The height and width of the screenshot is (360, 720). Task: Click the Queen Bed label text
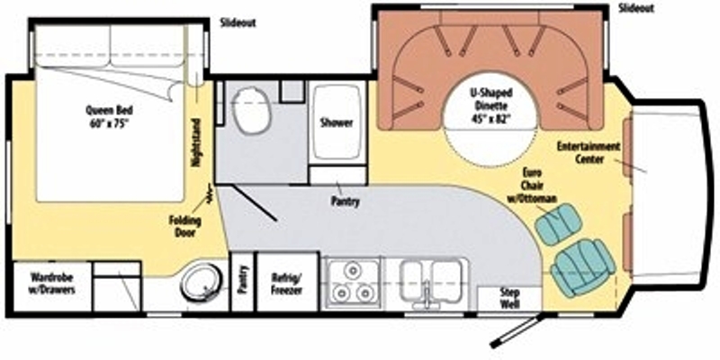(109, 116)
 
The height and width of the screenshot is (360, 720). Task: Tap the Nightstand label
(196, 143)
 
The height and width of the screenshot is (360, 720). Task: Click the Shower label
(337, 123)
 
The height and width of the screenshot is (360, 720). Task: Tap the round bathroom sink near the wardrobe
(201, 281)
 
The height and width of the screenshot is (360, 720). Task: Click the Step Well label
(509, 299)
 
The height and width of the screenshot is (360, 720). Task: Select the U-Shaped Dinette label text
(490, 105)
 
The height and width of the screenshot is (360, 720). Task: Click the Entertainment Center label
(589, 153)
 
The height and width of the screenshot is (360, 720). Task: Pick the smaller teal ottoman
(559, 224)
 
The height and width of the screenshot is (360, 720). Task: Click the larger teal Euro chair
(582, 267)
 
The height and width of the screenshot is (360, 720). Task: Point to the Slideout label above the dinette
(636, 8)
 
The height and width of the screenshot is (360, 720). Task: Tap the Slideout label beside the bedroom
(238, 23)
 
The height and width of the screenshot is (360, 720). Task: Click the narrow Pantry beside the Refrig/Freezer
(242, 282)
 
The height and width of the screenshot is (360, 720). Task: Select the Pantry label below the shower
(346, 201)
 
